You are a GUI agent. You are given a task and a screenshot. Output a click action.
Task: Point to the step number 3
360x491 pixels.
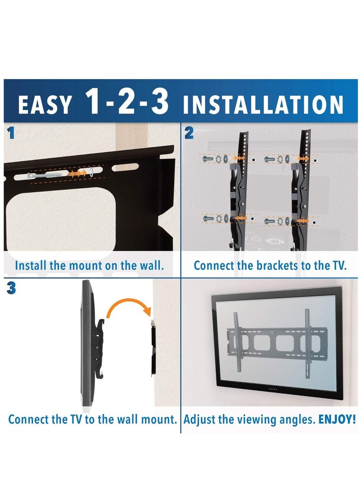[11, 288]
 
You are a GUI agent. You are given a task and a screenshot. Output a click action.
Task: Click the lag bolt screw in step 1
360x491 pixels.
[45, 175]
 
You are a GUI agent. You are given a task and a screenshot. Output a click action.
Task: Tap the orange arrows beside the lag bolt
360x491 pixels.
[80, 172]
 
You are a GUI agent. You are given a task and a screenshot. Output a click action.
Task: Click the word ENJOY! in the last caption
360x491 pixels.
[337, 419]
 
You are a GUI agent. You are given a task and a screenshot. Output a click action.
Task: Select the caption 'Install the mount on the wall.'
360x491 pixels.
[89, 265]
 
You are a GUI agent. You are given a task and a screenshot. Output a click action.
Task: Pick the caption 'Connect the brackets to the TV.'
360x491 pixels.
[270, 265]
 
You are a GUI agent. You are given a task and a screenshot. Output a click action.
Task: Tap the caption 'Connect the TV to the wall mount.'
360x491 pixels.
[92, 419]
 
